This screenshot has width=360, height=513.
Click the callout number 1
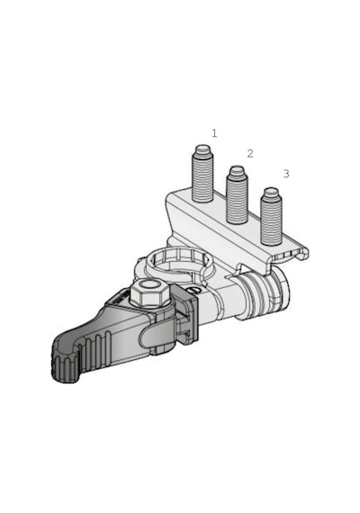click(214, 133)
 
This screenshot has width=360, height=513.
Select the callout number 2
click(250, 153)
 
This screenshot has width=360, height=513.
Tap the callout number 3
click(286, 174)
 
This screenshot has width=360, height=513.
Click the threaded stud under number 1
click(202, 174)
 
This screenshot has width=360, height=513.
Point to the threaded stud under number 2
click(238, 195)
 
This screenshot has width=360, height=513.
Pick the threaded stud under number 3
click(271, 216)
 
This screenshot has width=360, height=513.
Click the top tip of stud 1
click(202, 148)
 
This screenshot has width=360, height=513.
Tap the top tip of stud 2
click(238, 169)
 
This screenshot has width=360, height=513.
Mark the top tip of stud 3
click(271, 191)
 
